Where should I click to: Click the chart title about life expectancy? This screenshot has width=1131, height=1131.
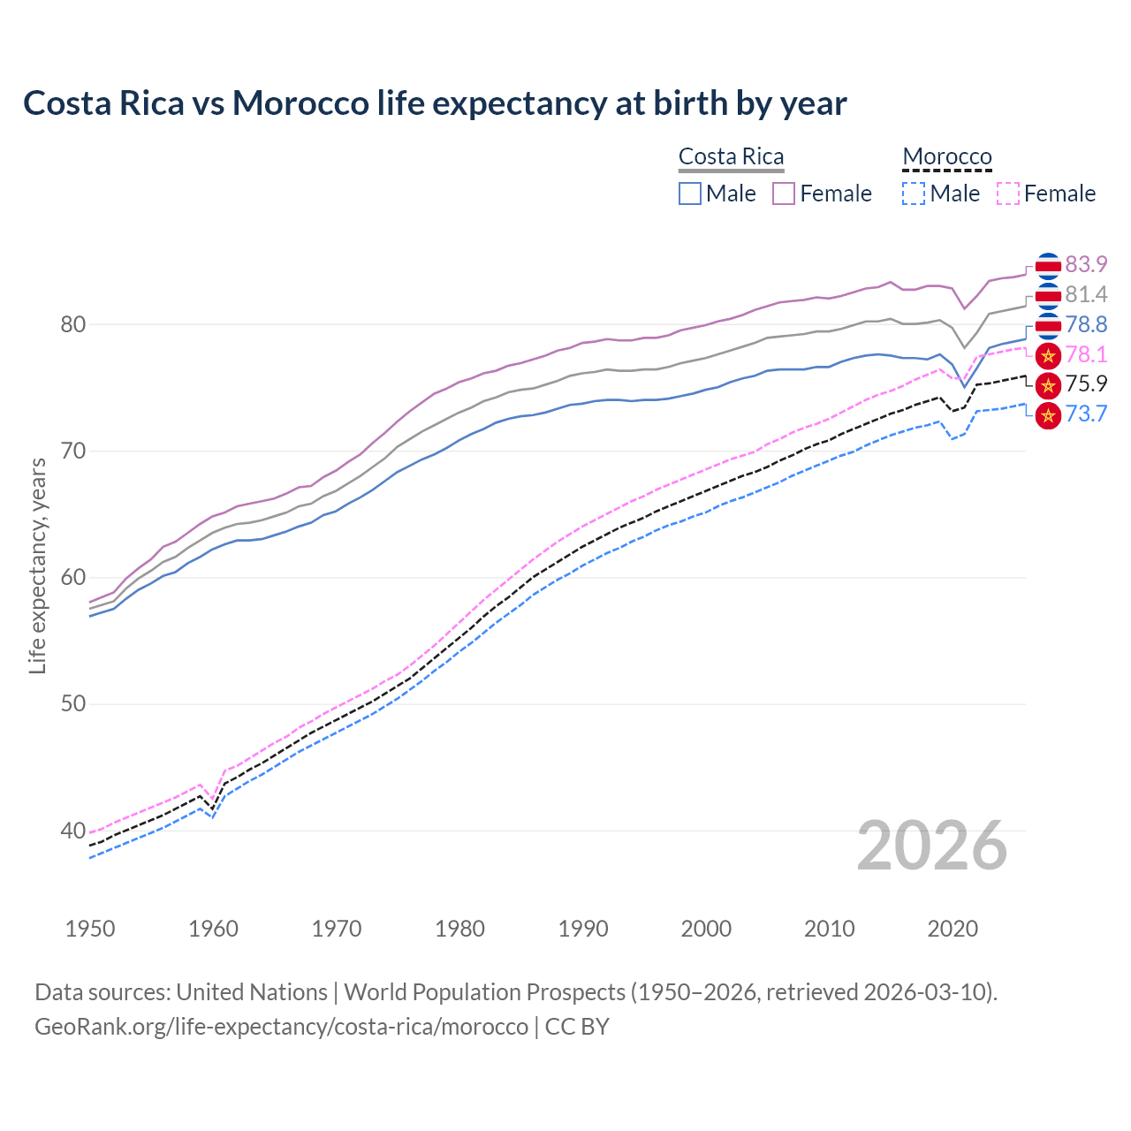pos(435,103)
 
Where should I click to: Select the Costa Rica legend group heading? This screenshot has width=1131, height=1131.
pos(731,157)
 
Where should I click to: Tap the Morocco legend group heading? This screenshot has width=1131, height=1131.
pos(947,157)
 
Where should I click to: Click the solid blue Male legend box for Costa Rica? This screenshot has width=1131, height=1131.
pos(690,194)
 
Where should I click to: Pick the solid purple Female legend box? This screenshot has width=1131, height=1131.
pos(784,194)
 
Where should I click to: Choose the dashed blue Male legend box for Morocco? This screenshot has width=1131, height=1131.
pos(914,194)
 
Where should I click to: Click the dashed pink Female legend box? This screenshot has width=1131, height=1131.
pos(1007,194)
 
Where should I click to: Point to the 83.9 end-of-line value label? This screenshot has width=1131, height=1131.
pos(1086,265)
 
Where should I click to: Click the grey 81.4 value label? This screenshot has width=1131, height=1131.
pos(1086,294)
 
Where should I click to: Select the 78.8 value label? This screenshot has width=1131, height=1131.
pos(1086,324)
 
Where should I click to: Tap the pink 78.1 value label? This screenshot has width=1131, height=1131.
pos(1086,355)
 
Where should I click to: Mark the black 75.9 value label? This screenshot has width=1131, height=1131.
pos(1086,384)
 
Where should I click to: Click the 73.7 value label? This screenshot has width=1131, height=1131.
pos(1086,414)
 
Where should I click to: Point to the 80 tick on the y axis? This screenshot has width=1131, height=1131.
pos(73,325)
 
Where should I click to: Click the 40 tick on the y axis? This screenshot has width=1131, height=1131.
pos(73,831)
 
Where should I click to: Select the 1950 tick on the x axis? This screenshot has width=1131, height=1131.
pos(90,929)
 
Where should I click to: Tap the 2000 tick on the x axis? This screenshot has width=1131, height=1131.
pos(706,929)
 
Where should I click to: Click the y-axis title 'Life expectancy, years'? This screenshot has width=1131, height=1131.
pos(37,565)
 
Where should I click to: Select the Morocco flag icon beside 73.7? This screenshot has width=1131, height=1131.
pos(1048,414)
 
